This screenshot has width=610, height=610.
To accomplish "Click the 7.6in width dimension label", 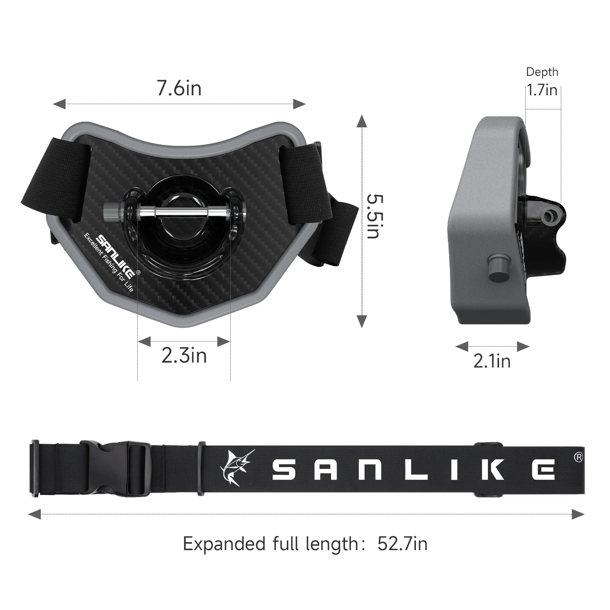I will [x=179, y=88].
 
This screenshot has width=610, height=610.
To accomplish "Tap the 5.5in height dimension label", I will [x=374, y=216].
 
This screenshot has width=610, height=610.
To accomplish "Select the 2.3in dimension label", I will [x=184, y=355].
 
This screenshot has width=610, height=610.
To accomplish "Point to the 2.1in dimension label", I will [x=492, y=361].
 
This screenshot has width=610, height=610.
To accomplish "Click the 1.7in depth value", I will [x=542, y=90].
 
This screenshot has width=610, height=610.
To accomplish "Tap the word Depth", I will [x=542, y=72].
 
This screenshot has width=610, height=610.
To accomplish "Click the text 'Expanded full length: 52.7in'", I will [x=305, y=544].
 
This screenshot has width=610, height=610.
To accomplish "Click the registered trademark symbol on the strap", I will [x=578, y=457].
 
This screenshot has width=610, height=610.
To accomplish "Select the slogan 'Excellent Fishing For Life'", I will [x=109, y=262].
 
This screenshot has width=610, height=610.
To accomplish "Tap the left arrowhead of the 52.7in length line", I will [x=35, y=514].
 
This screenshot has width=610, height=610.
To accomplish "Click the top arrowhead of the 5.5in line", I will [x=362, y=122].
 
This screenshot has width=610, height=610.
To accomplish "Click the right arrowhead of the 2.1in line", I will [x=523, y=347].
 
